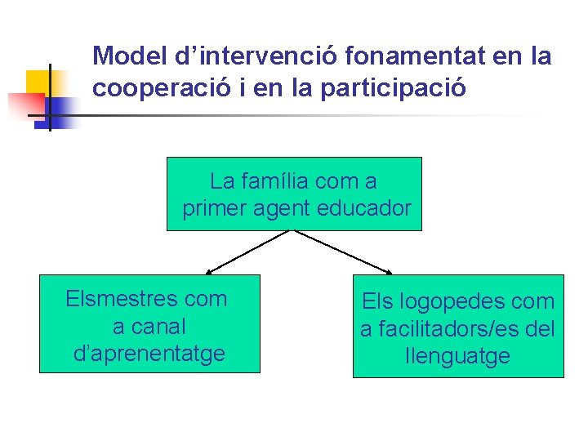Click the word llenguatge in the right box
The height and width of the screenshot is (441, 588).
(457, 356)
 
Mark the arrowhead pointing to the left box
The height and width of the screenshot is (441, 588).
(209, 270)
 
